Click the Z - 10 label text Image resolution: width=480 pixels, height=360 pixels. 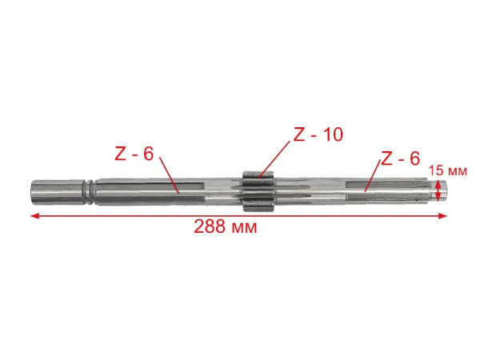click(318, 135)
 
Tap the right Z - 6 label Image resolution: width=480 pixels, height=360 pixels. click(400, 159)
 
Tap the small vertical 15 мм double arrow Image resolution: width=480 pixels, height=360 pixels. click(438, 190)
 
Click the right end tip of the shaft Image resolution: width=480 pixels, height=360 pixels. click(445, 190)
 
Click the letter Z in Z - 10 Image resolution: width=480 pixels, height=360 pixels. click(299, 135)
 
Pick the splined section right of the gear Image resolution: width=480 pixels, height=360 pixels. click(352, 190)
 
